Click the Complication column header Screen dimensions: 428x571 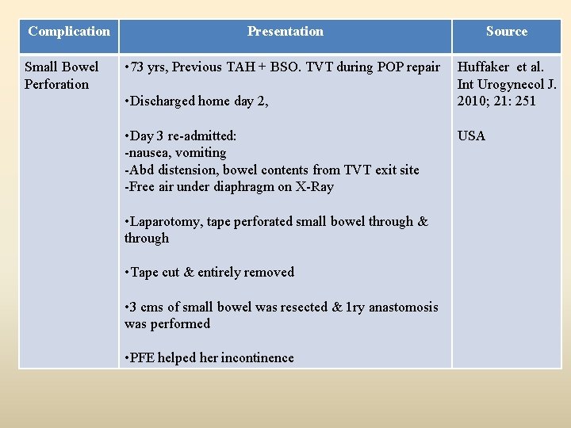[x=69, y=32]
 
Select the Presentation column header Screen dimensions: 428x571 [x=285, y=32]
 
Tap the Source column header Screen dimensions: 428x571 [x=506, y=32]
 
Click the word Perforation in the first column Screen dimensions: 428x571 [x=57, y=84]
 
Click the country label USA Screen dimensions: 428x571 [x=471, y=136]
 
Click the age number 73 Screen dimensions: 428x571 [x=140, y=67]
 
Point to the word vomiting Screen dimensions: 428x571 [x=200, y=152]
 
